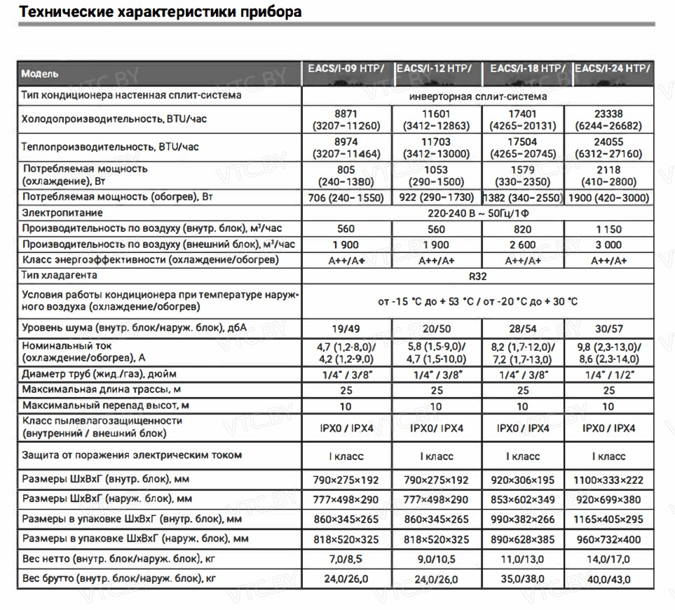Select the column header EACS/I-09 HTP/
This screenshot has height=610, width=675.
point(346,69)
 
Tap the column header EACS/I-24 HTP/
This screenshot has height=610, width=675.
point(612,69)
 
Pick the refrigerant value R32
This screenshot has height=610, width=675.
point(477,276)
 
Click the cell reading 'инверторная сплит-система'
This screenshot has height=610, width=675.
point(477,97)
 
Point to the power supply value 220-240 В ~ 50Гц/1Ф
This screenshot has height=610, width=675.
point(477,212)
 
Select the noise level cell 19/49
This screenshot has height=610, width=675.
point(346,328)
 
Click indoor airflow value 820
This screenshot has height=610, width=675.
point(522,229)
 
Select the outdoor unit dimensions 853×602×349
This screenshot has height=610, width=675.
point(522,499)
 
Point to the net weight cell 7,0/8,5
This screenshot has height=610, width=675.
point(346,559)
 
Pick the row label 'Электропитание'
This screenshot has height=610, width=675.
point(62,212)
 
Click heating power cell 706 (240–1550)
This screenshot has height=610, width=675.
point(346,197)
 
